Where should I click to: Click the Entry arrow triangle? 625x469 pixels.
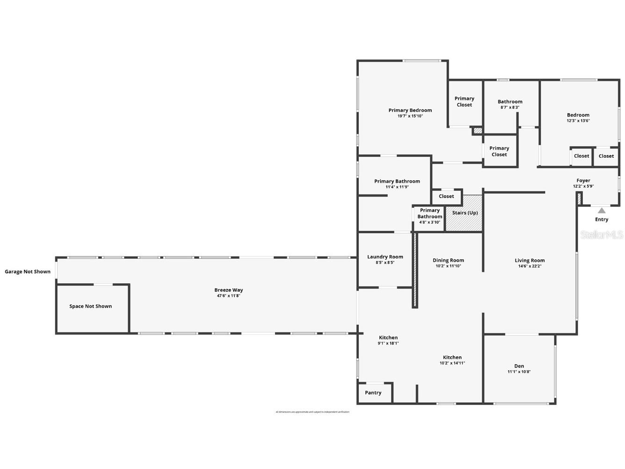(x=602, y=211)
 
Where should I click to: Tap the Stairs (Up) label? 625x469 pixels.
(x=465, y=213)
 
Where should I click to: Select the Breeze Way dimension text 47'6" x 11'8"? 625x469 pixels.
(x=229, y=296)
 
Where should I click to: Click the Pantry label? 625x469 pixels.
(x=373, y=393)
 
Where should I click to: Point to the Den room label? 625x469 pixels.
(x=519, y=366)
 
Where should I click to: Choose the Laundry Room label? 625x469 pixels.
(x=385, y=256)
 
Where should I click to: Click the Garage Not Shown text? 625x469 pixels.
(x=28, y=271)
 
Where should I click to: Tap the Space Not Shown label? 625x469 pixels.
(x=90, y=306)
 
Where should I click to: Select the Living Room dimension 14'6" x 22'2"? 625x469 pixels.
(x=530, y=266)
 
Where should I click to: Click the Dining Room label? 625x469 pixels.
(x=448, y=260)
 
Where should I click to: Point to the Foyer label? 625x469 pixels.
(x=583, y=180)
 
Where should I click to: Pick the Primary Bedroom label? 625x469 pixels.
(x=410, y=110)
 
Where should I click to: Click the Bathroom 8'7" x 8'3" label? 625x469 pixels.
(x=510, y=102)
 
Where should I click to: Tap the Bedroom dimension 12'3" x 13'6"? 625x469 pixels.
(x=578, y=121)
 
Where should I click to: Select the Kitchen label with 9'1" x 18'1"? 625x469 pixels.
(x=388, y=337)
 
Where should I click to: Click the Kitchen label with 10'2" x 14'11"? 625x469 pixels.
(x=452, y=357)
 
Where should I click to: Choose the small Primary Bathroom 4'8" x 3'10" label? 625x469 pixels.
(x=429, y=216)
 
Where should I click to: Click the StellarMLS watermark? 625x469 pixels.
(x=602, y=234)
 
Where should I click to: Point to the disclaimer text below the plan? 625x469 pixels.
(x=312, y=412)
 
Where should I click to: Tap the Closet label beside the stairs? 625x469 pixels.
(x=446, y=197)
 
